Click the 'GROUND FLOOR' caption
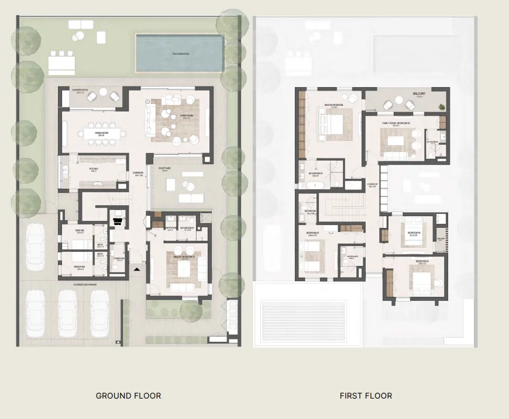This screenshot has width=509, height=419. click(x=128, y=396)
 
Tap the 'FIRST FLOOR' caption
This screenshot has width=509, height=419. click(x=366, y=396)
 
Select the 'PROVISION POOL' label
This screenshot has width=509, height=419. click(x=181, y=54)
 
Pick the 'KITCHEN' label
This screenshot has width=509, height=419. click(x=94, y=169)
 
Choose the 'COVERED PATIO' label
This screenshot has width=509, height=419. click(x=79, y=91)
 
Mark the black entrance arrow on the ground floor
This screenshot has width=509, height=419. click(x=136, y=269)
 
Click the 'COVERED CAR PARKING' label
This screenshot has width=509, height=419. click(x=85, y=285)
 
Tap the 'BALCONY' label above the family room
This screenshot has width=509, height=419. click(x=419, y=94)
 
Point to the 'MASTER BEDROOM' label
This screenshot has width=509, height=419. click(x=335, y=106)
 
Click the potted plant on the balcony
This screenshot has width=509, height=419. click(x=442, y=106)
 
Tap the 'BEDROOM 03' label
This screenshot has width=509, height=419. click(x=423, y=261)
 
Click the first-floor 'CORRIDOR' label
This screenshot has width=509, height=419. click(x=372, y=186)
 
